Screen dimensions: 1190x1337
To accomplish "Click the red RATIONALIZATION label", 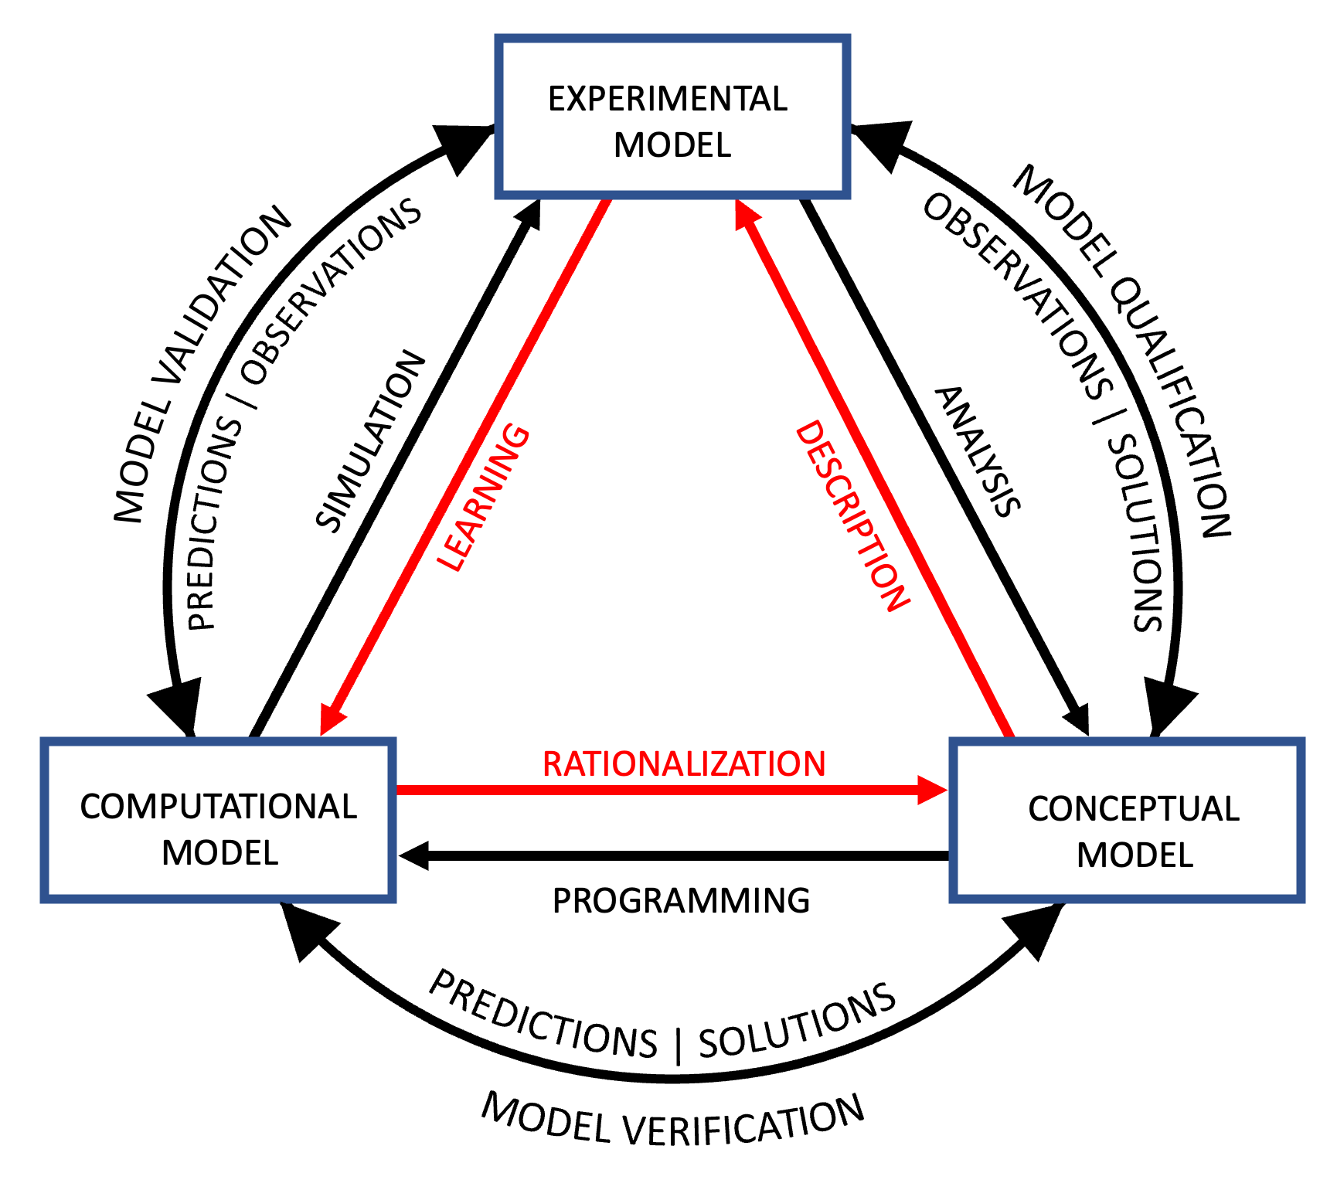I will pyautogui.click(x=684, y=764).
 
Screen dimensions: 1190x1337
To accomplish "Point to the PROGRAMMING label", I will pyautogui.click(x=681, y=901).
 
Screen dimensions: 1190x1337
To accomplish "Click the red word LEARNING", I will pyautogui.click(x=483, y=498).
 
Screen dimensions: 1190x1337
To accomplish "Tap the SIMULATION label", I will pyautogui.click(x=371, y=442).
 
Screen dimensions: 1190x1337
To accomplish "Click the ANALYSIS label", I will pyautogui.click(x=978, y=451).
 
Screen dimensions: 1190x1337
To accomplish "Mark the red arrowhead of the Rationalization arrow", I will pyautogui.click(x=932, y=790).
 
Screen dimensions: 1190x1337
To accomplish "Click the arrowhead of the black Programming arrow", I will pyautogui.click(x=414, y=855).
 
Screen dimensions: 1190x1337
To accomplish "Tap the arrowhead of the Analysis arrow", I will pyautogui.click(x=1078, y=719).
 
